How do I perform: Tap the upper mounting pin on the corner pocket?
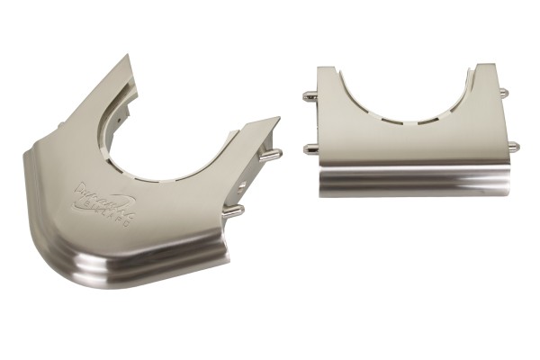(x=269, y=154)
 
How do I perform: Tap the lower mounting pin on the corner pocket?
(x=233, y=211)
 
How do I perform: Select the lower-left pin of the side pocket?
(x=310, y=148)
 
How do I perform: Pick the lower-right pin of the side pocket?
(x=511, y=147)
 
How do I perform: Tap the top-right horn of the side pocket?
(x=487, y=68)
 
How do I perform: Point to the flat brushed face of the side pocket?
(x=410, y=144)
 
